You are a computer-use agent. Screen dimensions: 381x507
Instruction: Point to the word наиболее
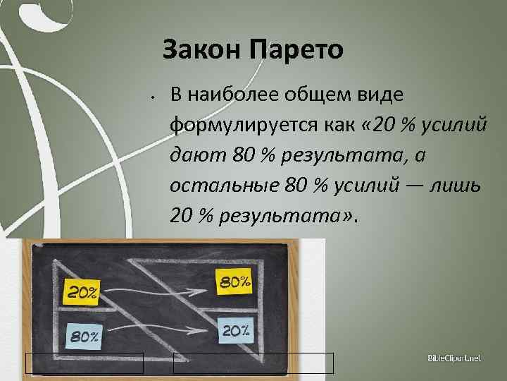(236, 95)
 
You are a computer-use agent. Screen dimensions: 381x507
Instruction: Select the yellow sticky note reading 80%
(235, 282)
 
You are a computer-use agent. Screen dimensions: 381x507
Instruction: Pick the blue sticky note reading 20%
(235, 329)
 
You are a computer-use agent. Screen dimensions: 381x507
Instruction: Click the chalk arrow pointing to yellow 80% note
(158, 287)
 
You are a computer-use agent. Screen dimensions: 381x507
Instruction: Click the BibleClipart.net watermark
(453, 360)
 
